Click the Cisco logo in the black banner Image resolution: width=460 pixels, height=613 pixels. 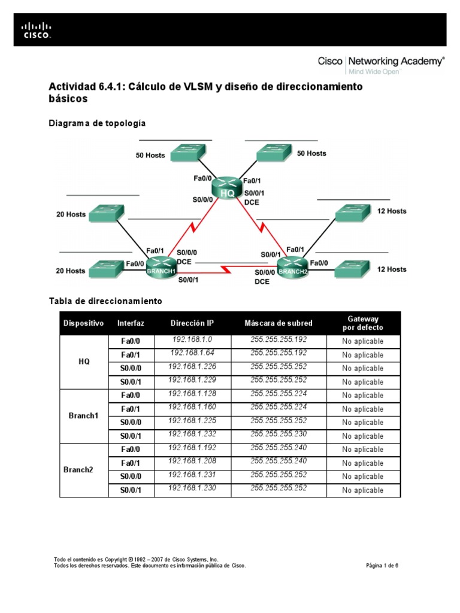[x=37, y=30]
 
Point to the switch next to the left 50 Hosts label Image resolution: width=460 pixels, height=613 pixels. [x=187, y=154]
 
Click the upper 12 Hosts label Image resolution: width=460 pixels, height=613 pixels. [x=392, y=211]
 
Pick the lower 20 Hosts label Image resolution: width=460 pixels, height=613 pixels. [x=71, y=271]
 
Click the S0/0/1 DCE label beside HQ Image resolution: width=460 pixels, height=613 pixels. [x=254, y=198]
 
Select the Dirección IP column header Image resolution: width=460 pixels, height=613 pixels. [x=192, y=323]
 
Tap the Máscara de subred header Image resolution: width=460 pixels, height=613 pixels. [x=279, y=323]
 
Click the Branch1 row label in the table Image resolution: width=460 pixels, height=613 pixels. [x=84, y=415]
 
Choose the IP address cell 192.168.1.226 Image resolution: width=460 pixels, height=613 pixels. [x=192, y=367]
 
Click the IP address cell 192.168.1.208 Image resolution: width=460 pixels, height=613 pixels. [x=192, y=462]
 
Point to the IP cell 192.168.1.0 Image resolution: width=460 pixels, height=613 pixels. [x=192, y=340]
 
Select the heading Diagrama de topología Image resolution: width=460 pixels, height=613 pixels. [x=96, y=123]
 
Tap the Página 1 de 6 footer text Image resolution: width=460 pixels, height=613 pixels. [x=382, y=565]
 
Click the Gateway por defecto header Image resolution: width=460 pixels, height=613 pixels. [x=363, y=323]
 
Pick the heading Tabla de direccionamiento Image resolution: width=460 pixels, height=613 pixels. [x=105, y=301]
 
